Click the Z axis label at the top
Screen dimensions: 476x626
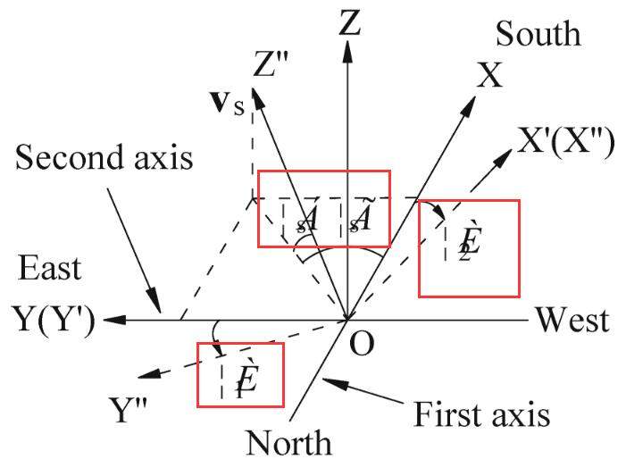349,21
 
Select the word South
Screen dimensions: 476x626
538,34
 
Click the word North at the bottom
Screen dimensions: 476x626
288,443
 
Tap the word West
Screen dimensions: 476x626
572,320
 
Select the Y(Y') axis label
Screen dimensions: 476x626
54,319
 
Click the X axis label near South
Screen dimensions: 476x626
490,77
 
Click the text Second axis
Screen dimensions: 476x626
104,158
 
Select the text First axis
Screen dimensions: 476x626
481,414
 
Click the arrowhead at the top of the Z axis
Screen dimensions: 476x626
347,52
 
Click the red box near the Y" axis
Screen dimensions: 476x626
240,374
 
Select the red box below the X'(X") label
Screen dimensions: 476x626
468,248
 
